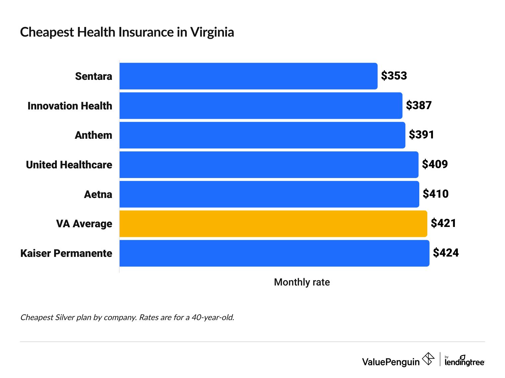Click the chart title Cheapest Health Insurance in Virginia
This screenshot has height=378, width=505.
(x=127, y=32)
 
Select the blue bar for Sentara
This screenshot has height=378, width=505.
(x=248, y=76)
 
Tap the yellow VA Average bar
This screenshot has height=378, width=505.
(x=273, y=224)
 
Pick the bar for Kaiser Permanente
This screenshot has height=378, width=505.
(x=274, y=253)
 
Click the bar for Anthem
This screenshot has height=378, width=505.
(x=262, y=135)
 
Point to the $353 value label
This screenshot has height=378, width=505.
(x=394, y=76)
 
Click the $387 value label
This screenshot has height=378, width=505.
(x=419, y=105)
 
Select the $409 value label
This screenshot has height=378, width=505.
(x=435, y=164)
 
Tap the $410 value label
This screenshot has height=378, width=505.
(x=435, y=194)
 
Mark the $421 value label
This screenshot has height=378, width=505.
(x=443, y=223)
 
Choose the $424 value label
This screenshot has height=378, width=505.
(x=446, y=253)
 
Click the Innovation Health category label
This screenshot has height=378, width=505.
(x=70, y=106)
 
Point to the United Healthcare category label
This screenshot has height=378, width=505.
(x=69, y=165)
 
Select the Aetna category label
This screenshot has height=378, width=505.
(x=98, y=194)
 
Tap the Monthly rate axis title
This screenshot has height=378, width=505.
(x=302, y=282)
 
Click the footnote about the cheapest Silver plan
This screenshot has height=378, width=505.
(x=127, y=317)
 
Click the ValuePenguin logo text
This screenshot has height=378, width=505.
(x=391, y=362)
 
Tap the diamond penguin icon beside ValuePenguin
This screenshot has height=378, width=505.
(x=428, y=359)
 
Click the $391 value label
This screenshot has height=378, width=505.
(x=421, y=135)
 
